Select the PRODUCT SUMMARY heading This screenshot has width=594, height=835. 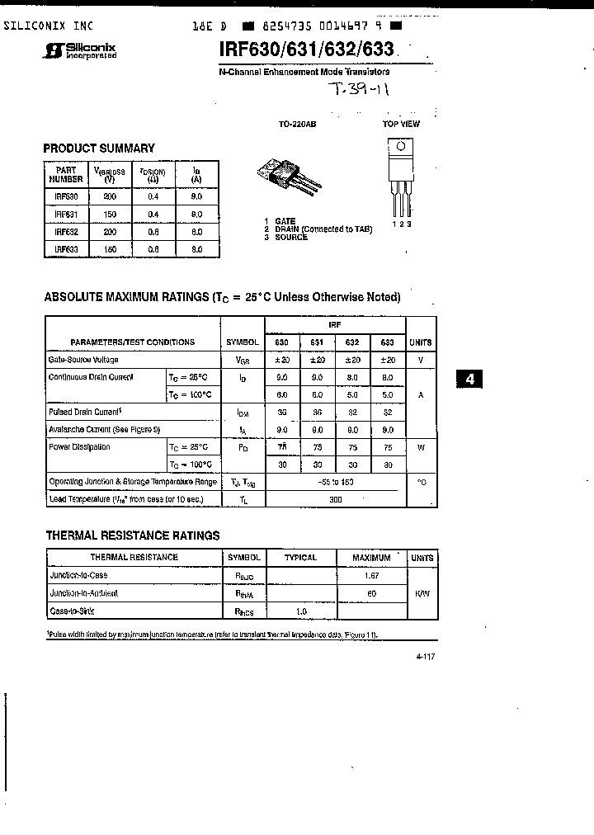[x=99, y=149]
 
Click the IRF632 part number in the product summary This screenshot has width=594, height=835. [x=66, y=232]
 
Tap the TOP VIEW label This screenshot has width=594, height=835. [x=401, y=124]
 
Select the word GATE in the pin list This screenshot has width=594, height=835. [x=285, y=221]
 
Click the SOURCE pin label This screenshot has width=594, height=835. [x=291, y=238]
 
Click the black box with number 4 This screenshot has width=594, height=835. [x=470, y=380]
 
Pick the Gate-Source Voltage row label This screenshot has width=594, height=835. [x=83, y=360]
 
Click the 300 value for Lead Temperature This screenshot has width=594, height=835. [x=335, y=499]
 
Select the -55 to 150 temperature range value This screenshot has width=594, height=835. [x=335, y=482]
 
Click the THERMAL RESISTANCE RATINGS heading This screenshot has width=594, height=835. [x=132, y=535]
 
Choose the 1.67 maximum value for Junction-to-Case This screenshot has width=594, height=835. [x=371, y=575]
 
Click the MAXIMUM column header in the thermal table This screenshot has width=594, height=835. [x=371, y=558]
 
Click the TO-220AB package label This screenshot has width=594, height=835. [x=297, y=124]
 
